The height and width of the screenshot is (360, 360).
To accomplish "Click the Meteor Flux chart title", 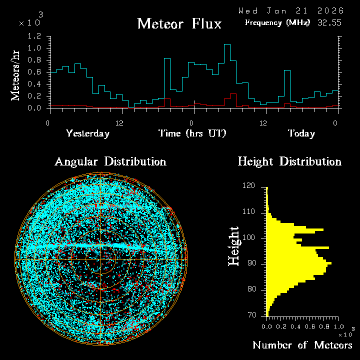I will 179,23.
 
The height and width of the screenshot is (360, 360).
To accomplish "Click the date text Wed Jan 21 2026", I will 291,10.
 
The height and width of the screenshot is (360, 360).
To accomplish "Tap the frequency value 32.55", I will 329,22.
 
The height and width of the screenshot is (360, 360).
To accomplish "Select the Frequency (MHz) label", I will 277,22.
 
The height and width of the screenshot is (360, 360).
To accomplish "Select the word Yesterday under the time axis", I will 87,133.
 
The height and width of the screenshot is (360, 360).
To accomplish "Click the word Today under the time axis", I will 301,133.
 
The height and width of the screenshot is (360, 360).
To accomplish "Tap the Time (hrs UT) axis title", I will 192,133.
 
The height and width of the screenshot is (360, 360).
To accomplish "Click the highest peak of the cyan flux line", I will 227,44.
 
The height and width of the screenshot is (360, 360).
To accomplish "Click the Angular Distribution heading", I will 110,161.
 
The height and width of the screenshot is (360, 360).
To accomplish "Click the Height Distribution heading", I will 289,161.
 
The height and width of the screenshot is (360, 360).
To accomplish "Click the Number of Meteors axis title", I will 302,345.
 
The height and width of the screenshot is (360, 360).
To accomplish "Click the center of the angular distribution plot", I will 101,259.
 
